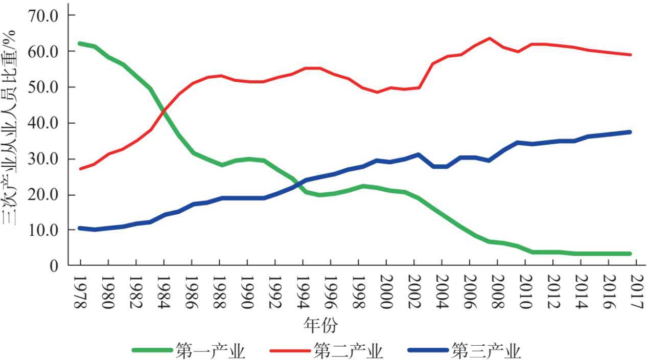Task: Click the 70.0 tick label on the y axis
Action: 45,16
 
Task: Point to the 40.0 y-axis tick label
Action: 45,123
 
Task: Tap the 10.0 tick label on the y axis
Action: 45,231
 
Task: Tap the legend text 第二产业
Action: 349,351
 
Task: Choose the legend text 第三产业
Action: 486,351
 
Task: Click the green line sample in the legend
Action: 152,350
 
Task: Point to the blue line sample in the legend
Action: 428,350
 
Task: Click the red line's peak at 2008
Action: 489,38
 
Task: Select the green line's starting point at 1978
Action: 81,43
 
